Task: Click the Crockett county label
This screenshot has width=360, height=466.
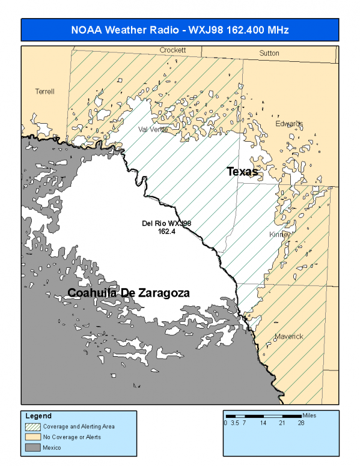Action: (x=173, y=50)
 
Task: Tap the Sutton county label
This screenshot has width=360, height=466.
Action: (x=269, y=53)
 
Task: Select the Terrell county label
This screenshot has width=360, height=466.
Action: (x=45, y=91)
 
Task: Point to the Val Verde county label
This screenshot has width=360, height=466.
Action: (x=151, y=129)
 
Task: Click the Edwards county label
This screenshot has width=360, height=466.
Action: (x=289, y=124)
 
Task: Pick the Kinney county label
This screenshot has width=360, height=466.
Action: (x=279, y=234)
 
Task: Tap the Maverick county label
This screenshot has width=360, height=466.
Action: (x=289, y=336)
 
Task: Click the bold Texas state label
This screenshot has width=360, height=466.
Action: (x=242, y=172)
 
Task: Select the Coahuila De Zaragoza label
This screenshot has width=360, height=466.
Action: (x=129, y=293)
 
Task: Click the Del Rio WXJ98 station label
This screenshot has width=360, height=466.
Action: (x=166, y=223)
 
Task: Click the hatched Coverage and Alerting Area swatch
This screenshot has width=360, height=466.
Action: (x=32, y=426)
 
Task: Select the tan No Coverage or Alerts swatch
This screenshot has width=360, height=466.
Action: (x=32, y=437)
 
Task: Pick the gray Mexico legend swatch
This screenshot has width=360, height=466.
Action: (x=32, y=447)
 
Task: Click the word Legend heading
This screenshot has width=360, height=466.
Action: (x=38, y=416)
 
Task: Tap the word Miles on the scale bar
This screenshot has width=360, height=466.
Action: (x=309, y=415)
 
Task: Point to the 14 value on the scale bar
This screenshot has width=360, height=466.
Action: (x=263, y=423)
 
